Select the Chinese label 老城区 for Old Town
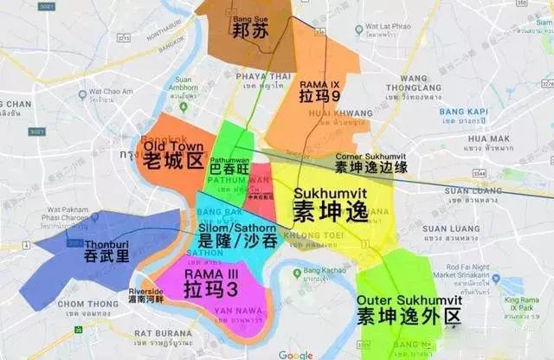(x=171, y=158)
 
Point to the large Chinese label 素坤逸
(x=329, y=209)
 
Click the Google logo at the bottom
(x=295, y=354)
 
